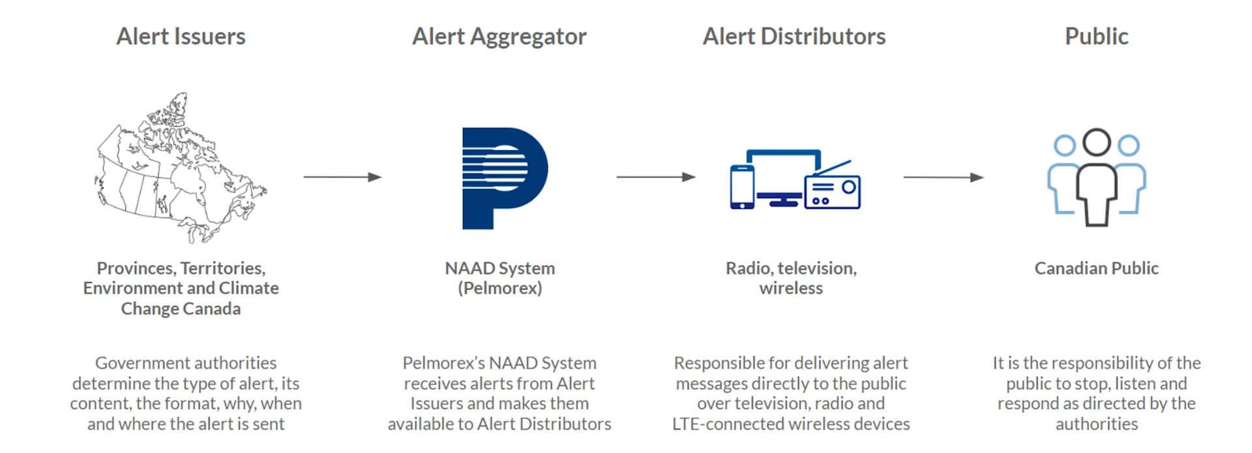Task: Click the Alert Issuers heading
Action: [181, 37]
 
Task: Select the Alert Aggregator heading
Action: [499, 37]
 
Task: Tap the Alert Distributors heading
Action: [794, 37]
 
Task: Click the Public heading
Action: [1096, 37]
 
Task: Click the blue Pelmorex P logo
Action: [502, 178]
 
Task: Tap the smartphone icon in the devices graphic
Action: [742, 187]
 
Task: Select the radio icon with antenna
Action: [833, 191]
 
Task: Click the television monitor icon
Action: [782, 173]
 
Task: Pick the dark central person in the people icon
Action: [1097, 180]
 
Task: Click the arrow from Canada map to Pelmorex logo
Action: [342, 177]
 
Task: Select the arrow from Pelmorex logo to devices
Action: [655, 177]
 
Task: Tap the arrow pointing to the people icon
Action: [943, 177]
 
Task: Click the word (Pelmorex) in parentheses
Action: [499, 289]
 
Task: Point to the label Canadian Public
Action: [1096, 268]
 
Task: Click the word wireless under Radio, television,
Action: [791, 289]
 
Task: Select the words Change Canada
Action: [181, 309]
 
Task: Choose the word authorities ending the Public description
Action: [1096, 424]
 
